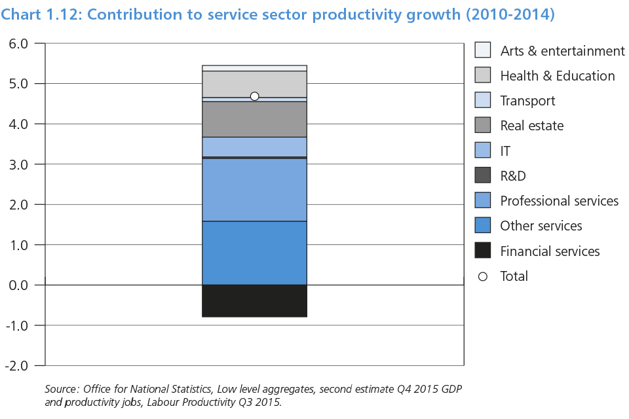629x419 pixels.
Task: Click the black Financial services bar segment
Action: click(x=254, y=301)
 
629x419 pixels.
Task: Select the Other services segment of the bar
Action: click(x=254, y=253)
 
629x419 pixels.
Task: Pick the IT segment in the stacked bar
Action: click(x=254, y=147)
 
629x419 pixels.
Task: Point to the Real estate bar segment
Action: click(x=254, y=119)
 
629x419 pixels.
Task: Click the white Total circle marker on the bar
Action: click(x=254, y=96)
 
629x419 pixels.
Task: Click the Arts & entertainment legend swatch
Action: click(x=482, y=50)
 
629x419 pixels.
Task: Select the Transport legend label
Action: click(x=527, y=101)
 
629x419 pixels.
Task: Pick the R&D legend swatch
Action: click(x=482, y=175)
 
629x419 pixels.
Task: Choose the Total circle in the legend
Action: click(x=482, y=276)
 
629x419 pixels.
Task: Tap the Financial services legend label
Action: click(x=550, y=251)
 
